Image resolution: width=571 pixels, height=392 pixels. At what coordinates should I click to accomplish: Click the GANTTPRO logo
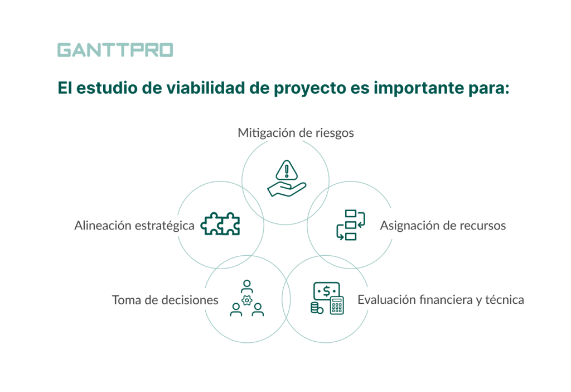(115, 50)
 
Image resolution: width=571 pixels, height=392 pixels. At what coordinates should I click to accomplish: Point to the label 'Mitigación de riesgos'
(296, 133)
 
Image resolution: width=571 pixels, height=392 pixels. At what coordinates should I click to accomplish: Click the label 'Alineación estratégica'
(134, 226)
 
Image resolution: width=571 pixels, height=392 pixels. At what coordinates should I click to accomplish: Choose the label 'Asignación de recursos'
(443, 226)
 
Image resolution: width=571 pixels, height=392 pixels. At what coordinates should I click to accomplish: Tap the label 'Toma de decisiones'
(165, 300)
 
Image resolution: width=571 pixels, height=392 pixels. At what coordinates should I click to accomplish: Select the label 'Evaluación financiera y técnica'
(441, 300)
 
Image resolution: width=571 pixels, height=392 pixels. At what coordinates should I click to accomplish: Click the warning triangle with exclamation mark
(287, 169)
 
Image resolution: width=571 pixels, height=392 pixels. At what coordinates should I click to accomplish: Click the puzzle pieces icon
(220, 224)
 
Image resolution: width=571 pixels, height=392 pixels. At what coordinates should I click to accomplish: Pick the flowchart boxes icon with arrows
(350, 225)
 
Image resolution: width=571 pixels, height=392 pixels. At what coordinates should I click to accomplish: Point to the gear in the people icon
(247, 301)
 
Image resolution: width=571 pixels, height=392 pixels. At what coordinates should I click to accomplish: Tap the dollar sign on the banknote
(326, 291)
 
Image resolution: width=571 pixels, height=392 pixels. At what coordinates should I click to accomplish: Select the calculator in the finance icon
(337, 305)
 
